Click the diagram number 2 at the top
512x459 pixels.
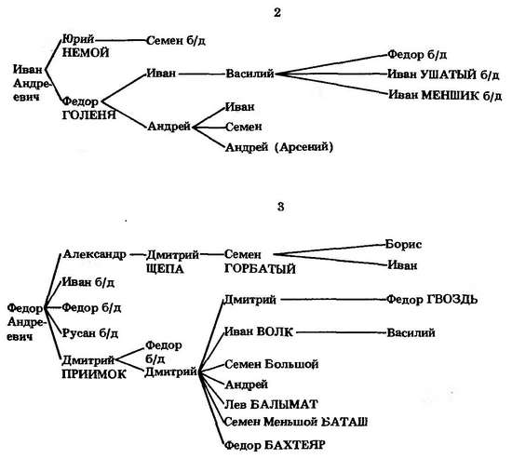pyautogui.click(x=276, y=12)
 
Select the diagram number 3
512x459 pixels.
pyautogui.click(x=280, y=207)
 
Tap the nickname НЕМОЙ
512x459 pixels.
pyautogui.click(x=86, y=52)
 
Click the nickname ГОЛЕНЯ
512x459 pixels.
pyautogui.click(x=88, y=115)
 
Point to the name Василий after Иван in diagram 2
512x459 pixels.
pyautogui.click(x=249, y=74)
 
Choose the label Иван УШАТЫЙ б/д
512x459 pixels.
pyautogui.click(x=443, y=74)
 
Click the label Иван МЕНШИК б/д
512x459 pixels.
pyautogui.click(x=445, y=95)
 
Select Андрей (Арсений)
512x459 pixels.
pyautogui.click(x=279, y=147)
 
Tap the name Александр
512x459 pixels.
pyautogui.click(x=95, y=254)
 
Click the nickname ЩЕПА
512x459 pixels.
pyautogui.click(x=165, y=269)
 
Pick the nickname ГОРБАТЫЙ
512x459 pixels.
pyautogui.click(x=260, y=269)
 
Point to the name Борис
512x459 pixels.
pyautogui.click(x=404, y=244)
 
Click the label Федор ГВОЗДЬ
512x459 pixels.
pyautogui.click(x=432, y=299)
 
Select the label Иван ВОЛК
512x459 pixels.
pyautogui.click(x=258, y=332)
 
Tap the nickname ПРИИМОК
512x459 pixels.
pyautogui.click(x=94, y=374)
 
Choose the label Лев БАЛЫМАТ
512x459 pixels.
pyautogui.click(x=271, y=404)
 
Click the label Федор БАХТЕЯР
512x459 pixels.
pyautogui.click(x=275, y=445)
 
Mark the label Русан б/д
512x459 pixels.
pyautogui.click(x=90, y=333)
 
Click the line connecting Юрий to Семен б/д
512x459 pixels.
pyautogui.click(x=120, y=40)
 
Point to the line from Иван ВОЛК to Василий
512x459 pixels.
pyautogui.click(x=341, y=332)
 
